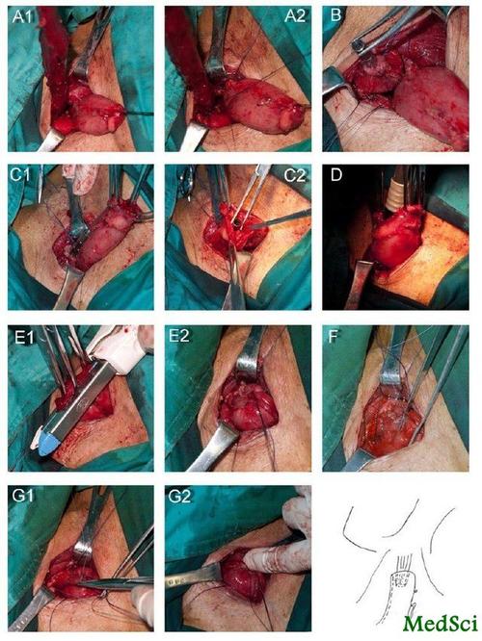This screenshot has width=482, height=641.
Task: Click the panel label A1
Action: [x=21, y=16]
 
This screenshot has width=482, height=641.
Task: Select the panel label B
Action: [x=336, y=15]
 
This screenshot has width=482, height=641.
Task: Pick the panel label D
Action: [x=336, y=175]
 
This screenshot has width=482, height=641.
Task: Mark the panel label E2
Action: [x=179, y=337]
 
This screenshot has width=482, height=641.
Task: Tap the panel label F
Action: [x=335, y=337]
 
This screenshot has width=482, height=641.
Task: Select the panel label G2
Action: [x=179, y=498]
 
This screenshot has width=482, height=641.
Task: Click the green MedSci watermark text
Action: [x=440, y=623]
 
